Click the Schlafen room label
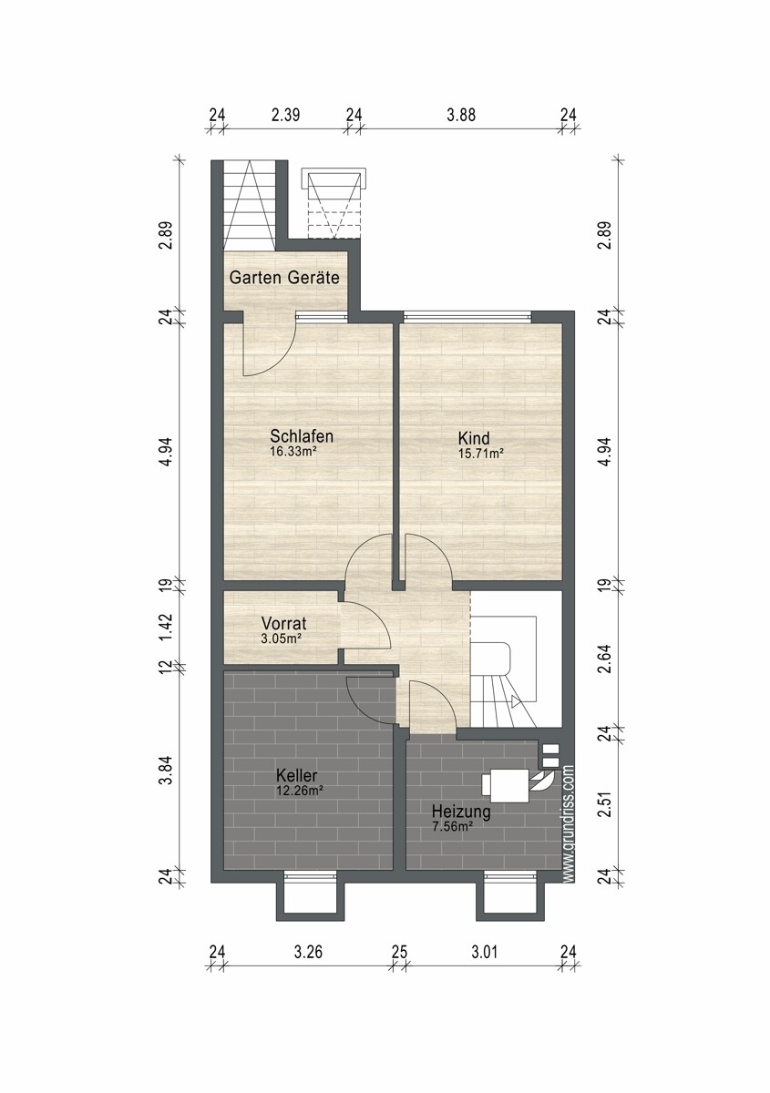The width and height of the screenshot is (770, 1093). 302,435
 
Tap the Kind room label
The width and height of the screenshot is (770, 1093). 474,438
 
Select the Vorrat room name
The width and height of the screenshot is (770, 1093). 283,623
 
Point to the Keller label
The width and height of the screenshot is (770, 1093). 296,775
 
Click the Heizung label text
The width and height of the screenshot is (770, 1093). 461,812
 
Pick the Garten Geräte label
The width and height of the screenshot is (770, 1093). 284,278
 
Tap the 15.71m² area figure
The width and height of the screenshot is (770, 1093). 481,454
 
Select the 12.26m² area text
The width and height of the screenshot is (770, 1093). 300,791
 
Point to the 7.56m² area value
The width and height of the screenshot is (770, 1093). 452,827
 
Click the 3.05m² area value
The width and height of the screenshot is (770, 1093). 281,638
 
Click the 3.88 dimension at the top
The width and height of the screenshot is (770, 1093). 461,115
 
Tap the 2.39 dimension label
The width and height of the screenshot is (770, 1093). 285,115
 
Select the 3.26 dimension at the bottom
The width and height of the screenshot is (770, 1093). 308,952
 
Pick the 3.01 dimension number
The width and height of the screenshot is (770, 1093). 484,952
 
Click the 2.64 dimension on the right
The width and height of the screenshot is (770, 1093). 605,659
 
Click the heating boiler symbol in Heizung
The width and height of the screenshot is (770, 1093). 506,785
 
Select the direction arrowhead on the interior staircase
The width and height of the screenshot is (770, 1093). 516,702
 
